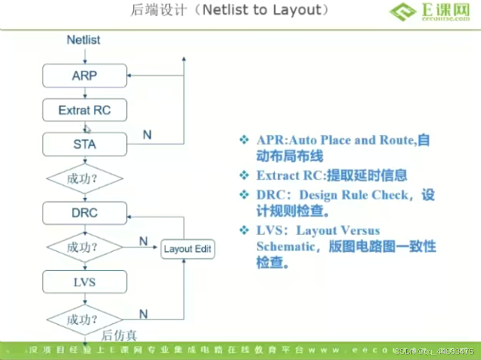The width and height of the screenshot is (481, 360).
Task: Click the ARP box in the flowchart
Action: tap(84, 76)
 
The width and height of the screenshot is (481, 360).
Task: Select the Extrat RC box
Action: tap(84, 110)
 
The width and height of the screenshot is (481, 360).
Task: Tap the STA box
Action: tap(84, 144)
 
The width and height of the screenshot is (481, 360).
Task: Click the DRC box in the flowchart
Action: tap(84, 213)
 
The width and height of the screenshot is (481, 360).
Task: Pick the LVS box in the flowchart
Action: tap(84, 281)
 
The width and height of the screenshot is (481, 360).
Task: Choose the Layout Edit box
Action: tap(188, 249)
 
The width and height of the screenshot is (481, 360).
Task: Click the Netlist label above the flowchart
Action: tap(84, 40)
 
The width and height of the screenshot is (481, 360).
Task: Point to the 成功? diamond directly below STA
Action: tap(84, 179)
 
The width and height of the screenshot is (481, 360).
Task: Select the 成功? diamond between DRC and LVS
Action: tap(84, 247)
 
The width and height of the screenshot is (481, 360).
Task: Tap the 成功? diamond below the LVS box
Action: tap(84, 320)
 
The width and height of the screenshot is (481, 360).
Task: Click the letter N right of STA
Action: tap(147, 135)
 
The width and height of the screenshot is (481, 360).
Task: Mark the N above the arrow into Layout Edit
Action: tap(143, 241)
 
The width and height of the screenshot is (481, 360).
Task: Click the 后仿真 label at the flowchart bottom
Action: tap(119, 335)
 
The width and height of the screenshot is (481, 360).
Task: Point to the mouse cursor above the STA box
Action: tap(87, 129)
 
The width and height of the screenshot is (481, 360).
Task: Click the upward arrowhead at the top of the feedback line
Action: tap(184, 59)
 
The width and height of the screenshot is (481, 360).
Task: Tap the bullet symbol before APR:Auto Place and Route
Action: tap(244, 140)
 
